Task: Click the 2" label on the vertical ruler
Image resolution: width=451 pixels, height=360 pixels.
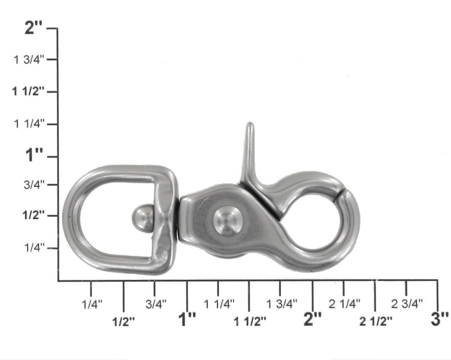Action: click(33, 28)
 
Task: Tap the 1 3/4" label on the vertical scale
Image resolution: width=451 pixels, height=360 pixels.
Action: click(29, 60)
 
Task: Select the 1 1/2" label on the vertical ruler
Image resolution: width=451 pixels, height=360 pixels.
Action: click(28, 92)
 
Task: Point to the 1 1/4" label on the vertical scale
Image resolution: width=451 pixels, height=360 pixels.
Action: click(29, 124)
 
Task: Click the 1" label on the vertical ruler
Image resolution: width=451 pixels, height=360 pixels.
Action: click(34, 155)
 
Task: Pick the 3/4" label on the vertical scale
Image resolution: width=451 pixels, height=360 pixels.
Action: click(35, 185)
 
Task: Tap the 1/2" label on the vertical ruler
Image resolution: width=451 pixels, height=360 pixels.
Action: click(34, 215)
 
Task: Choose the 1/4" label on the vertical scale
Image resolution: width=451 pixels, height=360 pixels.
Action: click(35, 248)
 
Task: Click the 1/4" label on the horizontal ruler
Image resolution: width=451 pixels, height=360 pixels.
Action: click(92, 304)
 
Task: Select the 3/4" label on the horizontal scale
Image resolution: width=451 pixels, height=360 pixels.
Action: click(156, 304)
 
